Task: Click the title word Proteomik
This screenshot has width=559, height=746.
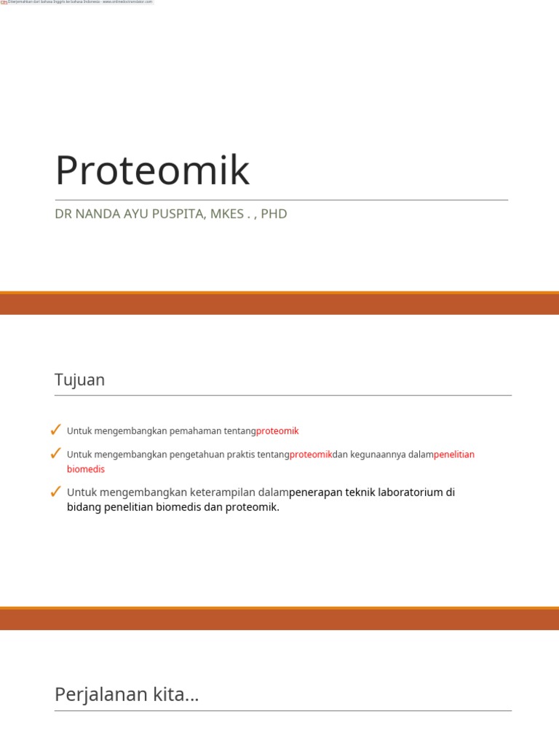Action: point(152,170)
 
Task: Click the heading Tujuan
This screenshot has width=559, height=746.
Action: point(79,380)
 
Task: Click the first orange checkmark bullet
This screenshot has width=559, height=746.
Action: point(55,431)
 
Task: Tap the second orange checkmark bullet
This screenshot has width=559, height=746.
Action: point(55,454)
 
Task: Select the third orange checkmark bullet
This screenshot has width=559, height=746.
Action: point(55,492)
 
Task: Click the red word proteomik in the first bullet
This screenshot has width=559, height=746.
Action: point(277,431)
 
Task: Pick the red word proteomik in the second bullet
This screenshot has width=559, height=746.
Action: point(311,455)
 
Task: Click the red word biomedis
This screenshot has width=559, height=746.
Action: point(86,469)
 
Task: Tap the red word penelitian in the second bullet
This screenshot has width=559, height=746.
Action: point(454,455)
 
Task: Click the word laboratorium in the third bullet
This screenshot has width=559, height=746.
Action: point(408,492)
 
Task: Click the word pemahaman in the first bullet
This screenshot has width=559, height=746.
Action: point(196,431)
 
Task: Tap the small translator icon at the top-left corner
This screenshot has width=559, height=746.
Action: point(4,2)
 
